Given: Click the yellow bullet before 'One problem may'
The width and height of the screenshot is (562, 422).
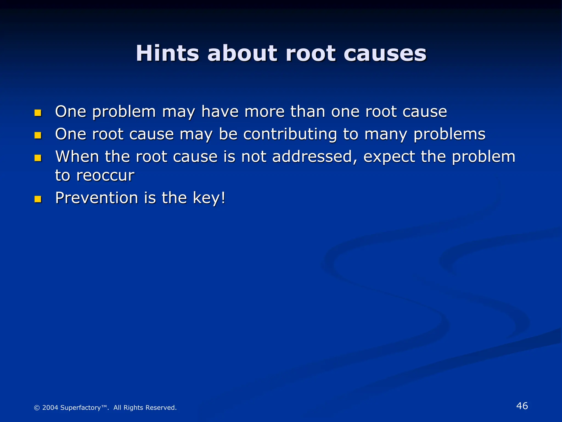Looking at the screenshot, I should (x=38, y=113).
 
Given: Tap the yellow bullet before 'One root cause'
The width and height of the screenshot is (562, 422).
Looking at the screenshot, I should (x=38, y=135).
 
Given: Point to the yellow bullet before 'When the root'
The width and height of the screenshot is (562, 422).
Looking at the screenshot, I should (x=38, y=158).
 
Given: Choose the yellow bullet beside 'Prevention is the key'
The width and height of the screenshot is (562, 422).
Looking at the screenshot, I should (x=38, y=199).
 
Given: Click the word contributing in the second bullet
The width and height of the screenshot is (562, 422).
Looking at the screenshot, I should (x=290, y=134).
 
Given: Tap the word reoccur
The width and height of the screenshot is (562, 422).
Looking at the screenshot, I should (x=105, y=176).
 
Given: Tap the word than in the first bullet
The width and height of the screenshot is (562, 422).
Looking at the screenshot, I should (x=308, y=112).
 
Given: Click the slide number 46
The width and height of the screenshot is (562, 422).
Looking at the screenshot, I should (x=522, y=406).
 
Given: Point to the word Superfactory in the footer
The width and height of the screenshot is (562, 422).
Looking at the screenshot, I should (x=80, y=408).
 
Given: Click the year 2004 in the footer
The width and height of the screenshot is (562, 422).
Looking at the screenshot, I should (x=50, y=408).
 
